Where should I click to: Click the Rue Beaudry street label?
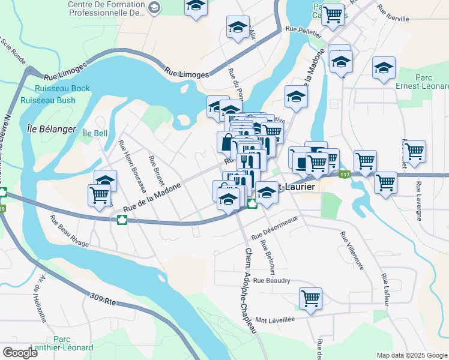coord(271,280)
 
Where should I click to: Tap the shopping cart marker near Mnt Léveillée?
coord(310,298)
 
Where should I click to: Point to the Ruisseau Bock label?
coord(55,89)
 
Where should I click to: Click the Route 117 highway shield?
coord(343,175)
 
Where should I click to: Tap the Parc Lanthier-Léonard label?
coord(73,343)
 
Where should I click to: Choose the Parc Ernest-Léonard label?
coord(432,82)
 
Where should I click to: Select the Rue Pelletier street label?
coord(301,29)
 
